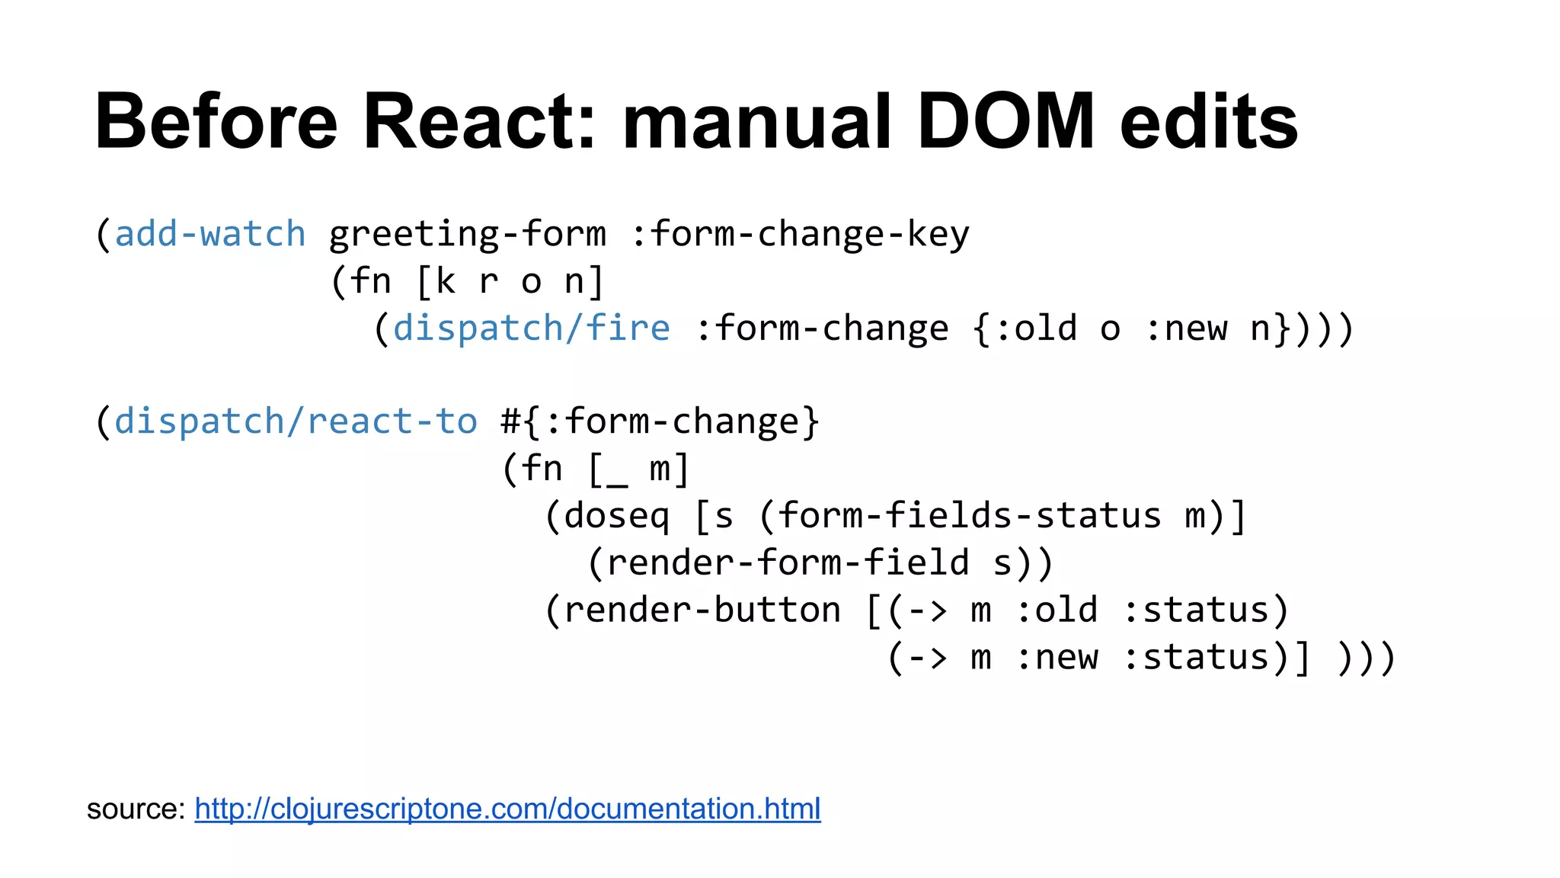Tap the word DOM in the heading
click(x=1005, y=122)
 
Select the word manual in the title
click(x=756, y=122)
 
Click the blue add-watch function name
click(x=209, y=234)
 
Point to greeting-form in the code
click(x=468, y=234)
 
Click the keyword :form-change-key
click(x=800, y=234)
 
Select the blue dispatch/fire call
click(x=531, y=328)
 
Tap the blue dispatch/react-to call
click(x=296, y=421)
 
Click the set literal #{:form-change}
click(x=660, y=421)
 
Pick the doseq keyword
click(x=617, y=516)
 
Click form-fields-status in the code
click(x=969, y=516)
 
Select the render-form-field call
click(x=788, y=563)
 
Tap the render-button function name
click(x=702, y=610)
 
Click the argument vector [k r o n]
click(x=510, y=281)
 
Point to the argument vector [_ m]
click(x=638, y=469)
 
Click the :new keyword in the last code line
click(x=1057, y=658)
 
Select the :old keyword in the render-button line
click(x=1057, y=610)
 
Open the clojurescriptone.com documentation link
click(x=507, y=809)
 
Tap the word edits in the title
click(x=1209, y=122)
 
